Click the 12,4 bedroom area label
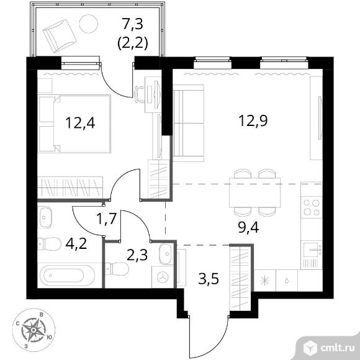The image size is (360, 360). pos(80,123)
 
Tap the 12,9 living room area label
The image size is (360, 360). pos(253,120)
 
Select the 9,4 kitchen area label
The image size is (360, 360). pos(249,228)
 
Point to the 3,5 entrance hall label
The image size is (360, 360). pos(209,279)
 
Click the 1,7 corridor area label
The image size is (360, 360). pos(107,218)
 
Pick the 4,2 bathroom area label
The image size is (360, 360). pos(76,244)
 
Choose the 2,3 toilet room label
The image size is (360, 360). pos(137,255)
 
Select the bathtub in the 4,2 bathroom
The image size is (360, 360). pos(67,276)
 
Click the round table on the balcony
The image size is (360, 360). pos(88,24)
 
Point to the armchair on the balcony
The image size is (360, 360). pos(60,36)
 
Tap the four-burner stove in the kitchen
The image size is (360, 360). pos(312,207)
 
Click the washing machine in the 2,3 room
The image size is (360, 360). pos(163,277)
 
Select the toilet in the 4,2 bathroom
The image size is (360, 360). pos(50,243)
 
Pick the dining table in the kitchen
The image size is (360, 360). pos(255,192)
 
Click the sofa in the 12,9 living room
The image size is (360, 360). pos(188,123)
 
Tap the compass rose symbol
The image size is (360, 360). pos(34,330)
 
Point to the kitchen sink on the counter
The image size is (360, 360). pos(312,250)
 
